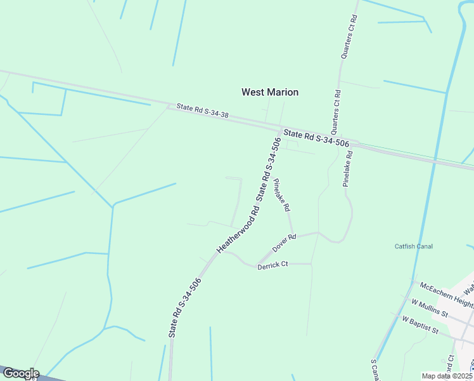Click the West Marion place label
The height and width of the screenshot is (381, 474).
click(x=269, y=92)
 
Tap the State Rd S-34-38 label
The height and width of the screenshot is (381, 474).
click(x=202, y=110)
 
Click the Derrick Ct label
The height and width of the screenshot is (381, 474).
click(x=272, y=266)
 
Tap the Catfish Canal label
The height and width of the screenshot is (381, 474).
click(x=413, y=246)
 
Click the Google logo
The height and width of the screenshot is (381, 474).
click(x=20, y=373)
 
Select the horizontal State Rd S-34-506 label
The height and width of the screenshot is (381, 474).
click(x=317, y=139)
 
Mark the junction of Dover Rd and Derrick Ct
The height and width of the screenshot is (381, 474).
click(x=257, y=262)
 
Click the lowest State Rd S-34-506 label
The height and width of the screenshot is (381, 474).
click(x=185, y=307)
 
